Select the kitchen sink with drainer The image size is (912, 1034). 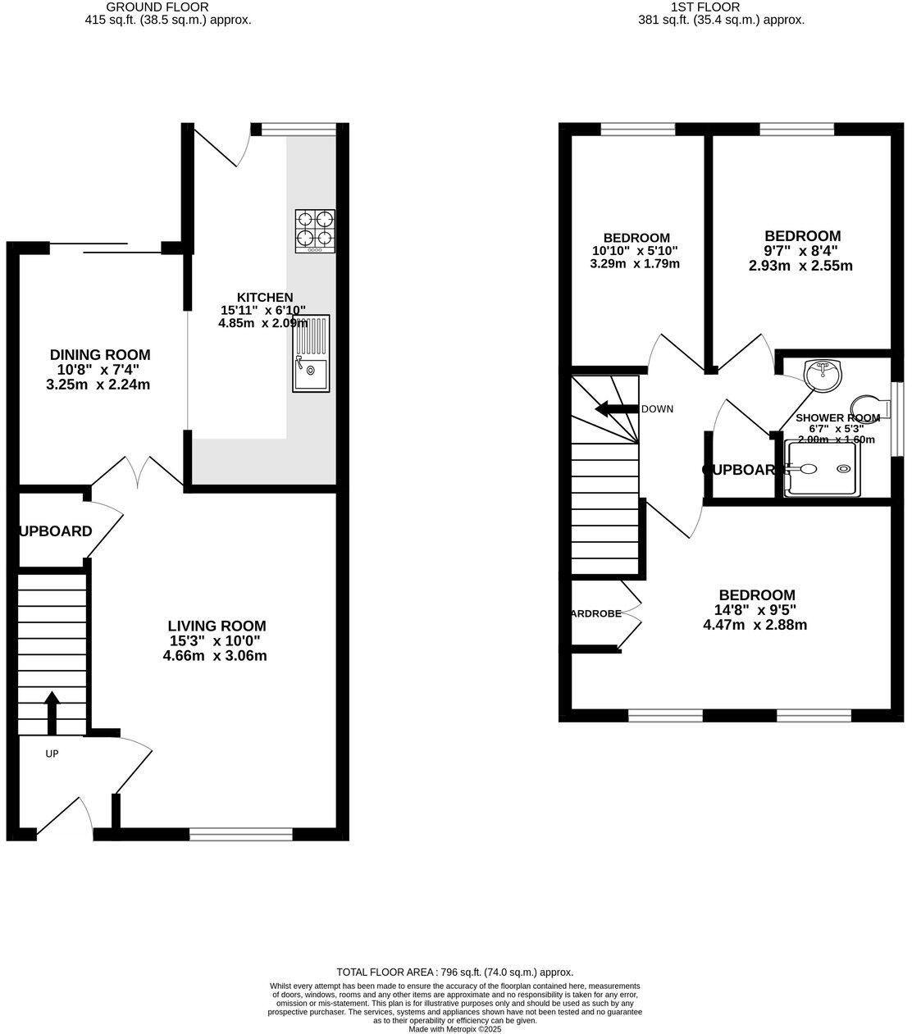click(311, 353)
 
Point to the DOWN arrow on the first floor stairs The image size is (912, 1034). click(616, 408)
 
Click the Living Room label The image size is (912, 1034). click(217, 626)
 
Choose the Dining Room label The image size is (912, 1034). click(100, 355)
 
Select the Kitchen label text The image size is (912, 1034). click(264, 297)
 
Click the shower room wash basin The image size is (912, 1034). click(823, 375)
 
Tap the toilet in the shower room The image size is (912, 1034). click(868, 408)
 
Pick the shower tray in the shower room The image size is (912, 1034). click(821, 469)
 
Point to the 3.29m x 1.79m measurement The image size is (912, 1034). click(635, 264)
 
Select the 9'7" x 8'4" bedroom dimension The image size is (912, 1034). click(800, 251)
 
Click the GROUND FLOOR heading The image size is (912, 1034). click(169, 7)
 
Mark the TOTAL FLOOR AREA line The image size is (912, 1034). click(455, 972)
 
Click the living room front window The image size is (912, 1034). click(240, 835)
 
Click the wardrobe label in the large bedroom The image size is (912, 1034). click(596, 613)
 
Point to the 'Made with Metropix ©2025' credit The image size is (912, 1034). click(454, 1029)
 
